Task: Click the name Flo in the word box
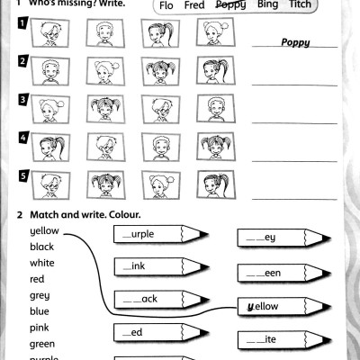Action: click(x=166, y=5)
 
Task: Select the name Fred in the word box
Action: click(x=194, y=5)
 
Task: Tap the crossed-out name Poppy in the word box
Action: click(x=230, y=5)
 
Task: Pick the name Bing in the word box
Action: click(x=267, y=5)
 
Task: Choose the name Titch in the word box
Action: click(x=301, y=5)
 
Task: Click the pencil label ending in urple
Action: click(x=142, y=234)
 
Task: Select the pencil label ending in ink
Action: click(x=135, y=266)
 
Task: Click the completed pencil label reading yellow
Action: click(x=263, y=307)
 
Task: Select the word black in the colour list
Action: click(x=42, y=247)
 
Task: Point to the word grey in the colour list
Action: click(x=40, y=295)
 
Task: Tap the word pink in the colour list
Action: click(x=40, y=327)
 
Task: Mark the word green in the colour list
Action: click(x=42, y=343)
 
